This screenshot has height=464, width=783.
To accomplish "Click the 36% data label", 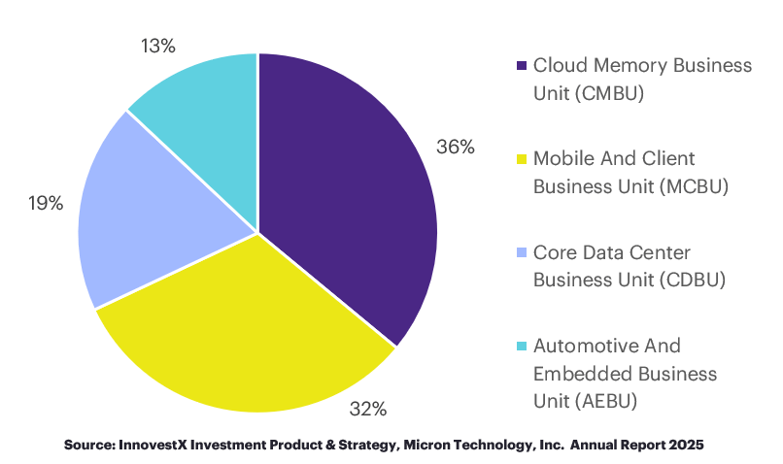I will pos(455,147).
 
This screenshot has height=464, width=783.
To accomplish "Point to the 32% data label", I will pos(368,409).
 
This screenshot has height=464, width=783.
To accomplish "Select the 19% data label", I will pos(45,203).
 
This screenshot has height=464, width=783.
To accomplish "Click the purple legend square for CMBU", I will pos(521,66).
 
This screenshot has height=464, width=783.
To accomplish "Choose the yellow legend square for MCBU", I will pos(521,159).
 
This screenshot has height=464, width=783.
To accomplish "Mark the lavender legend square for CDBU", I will pos(521,253).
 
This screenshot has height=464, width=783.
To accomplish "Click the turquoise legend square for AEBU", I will pos(521,347).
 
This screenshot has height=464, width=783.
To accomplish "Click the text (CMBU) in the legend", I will pos(612,93).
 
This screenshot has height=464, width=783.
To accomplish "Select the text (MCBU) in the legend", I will pos(693,186).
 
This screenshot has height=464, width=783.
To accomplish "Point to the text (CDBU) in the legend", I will pos(691,281).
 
